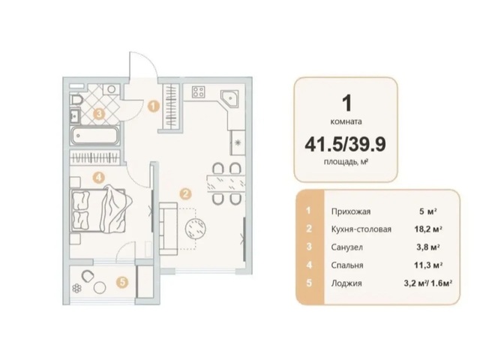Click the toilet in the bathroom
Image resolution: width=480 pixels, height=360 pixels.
coord(76,100)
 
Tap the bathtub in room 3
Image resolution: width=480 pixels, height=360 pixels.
coord(94,135)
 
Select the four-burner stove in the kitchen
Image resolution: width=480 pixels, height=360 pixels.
coord(198,91)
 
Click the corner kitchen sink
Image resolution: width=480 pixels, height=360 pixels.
coord(230,98)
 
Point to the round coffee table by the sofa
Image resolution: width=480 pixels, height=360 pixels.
coord(195,228)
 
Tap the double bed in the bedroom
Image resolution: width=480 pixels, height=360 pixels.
coord(101,211)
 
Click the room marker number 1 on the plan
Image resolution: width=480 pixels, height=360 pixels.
coord(153,106)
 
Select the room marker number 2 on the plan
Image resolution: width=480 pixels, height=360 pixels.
coord(185,193)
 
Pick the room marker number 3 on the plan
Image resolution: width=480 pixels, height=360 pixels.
coord(99,114)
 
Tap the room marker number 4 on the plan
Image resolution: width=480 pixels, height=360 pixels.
coord(98,177)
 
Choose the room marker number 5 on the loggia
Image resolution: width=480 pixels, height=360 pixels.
coord(122,282)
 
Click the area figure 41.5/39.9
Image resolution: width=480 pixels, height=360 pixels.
coord(345,144)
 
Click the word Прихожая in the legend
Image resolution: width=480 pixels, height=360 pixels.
coord(351,211)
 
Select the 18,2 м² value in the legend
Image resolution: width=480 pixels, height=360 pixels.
coord(428,229)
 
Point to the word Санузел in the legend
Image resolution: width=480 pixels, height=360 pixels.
coord(346,247)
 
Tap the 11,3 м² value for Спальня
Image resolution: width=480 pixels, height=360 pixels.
coord(428,265)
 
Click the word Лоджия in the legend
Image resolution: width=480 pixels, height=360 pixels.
coord(346,283)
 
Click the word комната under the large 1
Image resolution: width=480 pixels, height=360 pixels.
coord(346,121)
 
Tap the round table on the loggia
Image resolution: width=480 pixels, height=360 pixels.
coord(100,288)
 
